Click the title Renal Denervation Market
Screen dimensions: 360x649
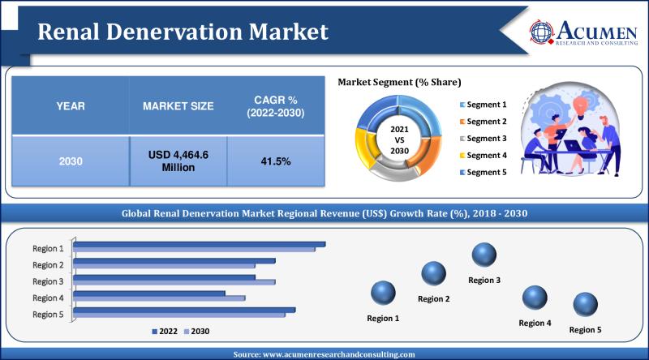[x=183, y=32]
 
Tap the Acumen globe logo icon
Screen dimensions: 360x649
[x=542, y=31]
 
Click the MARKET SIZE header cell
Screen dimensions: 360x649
[x=178, y=106]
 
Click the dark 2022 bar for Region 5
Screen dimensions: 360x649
[x=185, y=309]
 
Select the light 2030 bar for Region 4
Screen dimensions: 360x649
[x=160, y=298]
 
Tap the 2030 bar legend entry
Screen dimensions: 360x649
[x=197, y=331]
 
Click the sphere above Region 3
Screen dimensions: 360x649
[x=484, y=255]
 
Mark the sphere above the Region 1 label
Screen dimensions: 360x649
[x=383, y=293]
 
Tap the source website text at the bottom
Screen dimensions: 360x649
[x=324, y=354]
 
